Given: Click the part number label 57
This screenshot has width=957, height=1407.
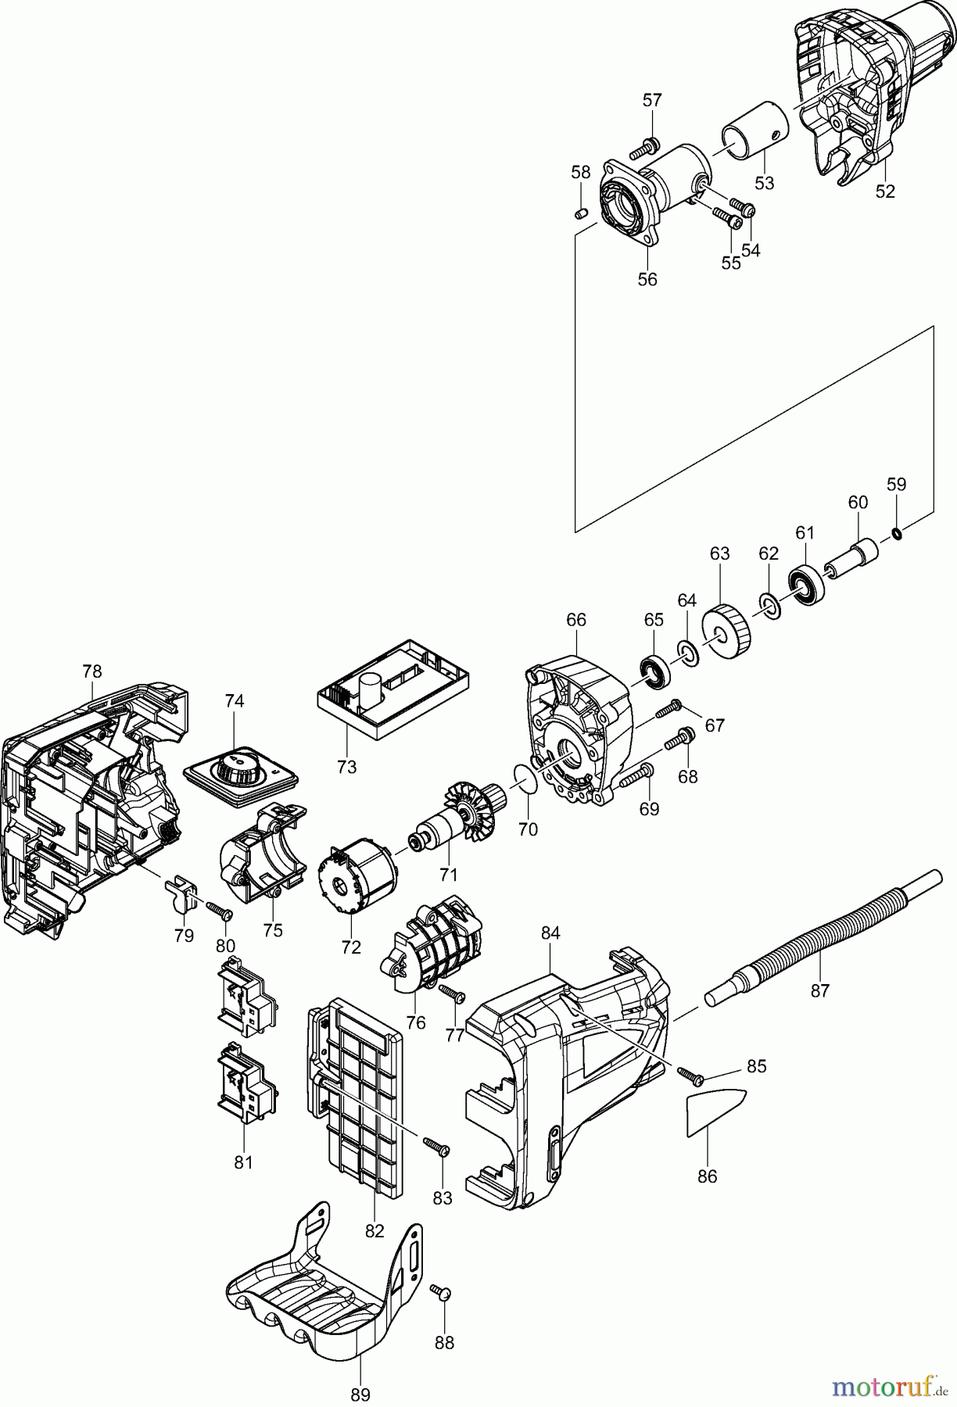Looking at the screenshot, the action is pyautogui.click(x=652, y=100).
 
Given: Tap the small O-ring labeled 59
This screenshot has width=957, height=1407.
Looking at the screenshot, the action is pyautogui.click(x=897, y=535).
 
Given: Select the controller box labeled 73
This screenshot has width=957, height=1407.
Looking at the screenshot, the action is pyautogui.click(x=395, y=687).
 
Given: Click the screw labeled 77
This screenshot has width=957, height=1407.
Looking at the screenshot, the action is pyautogui.click(x=452, y=993).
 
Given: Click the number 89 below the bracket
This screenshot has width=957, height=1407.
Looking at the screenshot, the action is pyautogui.click(x=360, y=1394).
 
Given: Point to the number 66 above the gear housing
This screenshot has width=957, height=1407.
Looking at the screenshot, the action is pyautogui.click(x=575, y=619).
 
